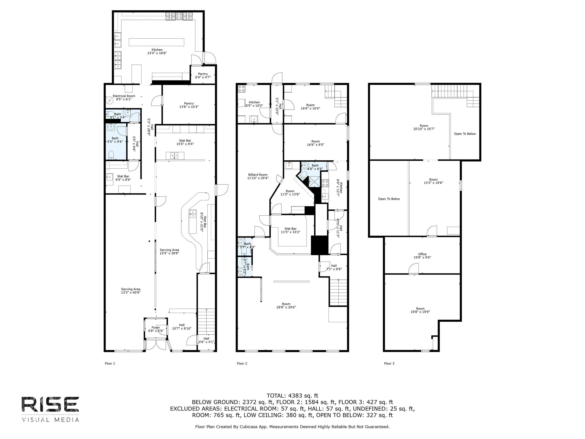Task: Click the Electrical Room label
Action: click(124, 96)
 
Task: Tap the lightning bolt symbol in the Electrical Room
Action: click(109, 100)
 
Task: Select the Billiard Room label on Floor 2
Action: click(258, 175)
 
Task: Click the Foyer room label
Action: click(156, 328)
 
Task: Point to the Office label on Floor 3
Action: click(422, 254)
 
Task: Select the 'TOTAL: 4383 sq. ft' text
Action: click(292, 396)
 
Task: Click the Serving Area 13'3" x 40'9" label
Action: click(131, 289)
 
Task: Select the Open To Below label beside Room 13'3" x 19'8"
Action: click(389, 199)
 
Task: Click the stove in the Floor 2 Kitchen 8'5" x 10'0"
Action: click(241, 89)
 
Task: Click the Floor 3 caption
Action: click(389, 363)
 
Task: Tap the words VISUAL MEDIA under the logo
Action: click(50, 420)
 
